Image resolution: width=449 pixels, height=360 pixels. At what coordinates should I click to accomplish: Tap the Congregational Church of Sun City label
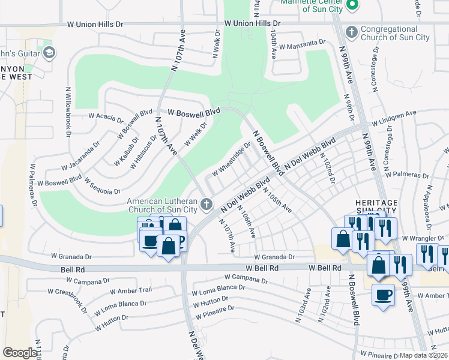397,33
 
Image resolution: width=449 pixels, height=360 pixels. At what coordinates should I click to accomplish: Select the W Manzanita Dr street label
302,44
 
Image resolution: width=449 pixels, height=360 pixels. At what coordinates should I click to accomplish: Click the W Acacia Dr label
106,115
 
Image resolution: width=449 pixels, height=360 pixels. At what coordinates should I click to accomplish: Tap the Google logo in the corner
20,352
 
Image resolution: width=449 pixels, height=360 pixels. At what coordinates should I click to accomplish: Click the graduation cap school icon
49,53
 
